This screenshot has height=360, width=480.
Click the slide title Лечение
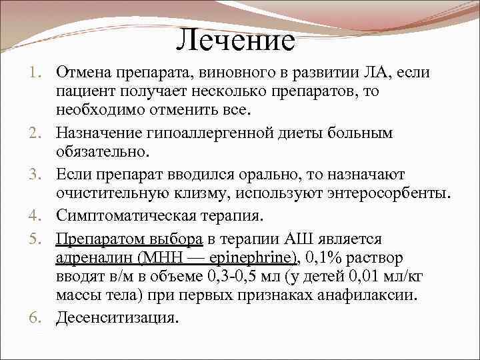pyautogui.click(x=236, y=41)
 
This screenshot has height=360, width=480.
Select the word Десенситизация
pyautogui.click(x=118, y=318)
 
